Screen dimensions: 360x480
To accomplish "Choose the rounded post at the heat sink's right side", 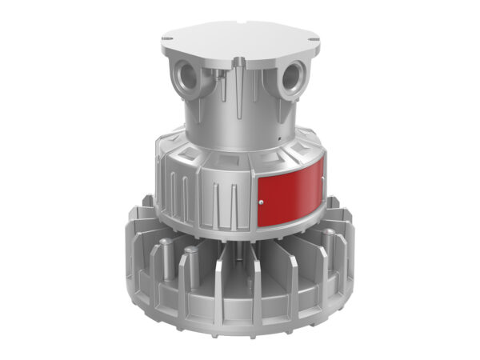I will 327,240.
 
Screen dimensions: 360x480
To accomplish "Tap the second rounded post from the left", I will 192,260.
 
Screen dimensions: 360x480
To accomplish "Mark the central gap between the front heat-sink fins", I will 240,276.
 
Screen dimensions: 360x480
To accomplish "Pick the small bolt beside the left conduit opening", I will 214,73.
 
